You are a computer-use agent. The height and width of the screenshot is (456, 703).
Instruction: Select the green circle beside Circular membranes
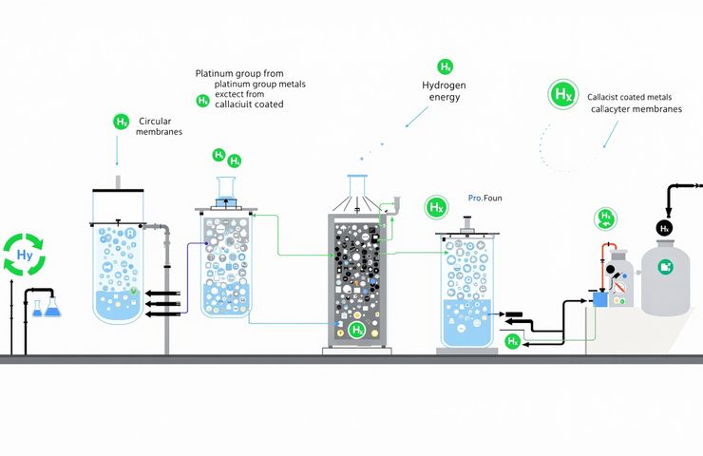pos(121,122)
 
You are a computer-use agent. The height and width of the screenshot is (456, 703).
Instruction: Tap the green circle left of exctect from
pos(202,101)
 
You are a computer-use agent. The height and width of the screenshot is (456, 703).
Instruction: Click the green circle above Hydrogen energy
pos(445,66)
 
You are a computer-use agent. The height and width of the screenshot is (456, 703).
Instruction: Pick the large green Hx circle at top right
pos(562,95)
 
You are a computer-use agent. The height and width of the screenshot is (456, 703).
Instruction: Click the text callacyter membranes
pos(636,109)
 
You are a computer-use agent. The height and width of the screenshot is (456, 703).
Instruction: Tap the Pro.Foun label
pos(484,199)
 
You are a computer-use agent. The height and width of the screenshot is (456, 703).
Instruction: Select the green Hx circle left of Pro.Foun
pos(436,206)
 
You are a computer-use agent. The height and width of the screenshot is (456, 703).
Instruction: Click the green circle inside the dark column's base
pos(357,330)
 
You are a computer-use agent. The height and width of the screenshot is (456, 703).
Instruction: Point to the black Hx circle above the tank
pos(665,228)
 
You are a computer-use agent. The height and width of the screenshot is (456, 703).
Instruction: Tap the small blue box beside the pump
pos(599,299)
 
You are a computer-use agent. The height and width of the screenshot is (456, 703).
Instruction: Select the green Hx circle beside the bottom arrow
pos(512,340)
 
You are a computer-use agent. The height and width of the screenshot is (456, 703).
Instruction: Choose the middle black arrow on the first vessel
pos(161,300)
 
